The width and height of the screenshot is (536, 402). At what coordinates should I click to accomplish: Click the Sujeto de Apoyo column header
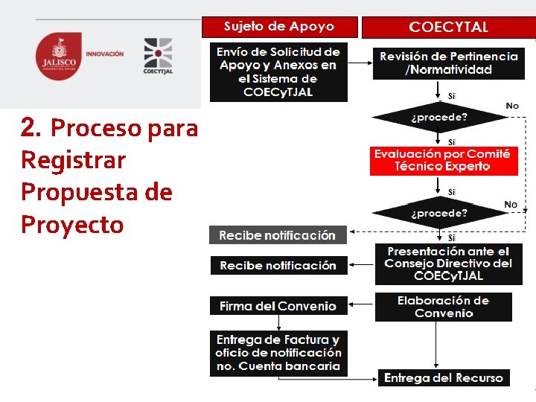(279, 27)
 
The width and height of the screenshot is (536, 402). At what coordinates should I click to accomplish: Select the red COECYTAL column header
(448, 28)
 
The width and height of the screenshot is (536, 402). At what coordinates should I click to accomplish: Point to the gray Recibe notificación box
(278, 235)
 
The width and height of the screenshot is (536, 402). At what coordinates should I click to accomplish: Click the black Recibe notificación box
(278, 265)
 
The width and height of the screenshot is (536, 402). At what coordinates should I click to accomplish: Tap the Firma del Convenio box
(278, 306)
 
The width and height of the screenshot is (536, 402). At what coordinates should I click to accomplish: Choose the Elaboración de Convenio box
(443, 307)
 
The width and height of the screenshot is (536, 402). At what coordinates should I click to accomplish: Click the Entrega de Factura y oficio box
(278, 354)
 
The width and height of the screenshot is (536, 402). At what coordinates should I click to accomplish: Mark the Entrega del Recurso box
(444, 378)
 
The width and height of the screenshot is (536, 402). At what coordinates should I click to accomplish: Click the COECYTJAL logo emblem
(157, 53)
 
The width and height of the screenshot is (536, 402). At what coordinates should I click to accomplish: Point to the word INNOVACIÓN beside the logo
(105, 54)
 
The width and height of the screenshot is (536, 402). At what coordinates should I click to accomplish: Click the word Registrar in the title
(74, 160)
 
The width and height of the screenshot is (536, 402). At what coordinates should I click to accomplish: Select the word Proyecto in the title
(72, 224)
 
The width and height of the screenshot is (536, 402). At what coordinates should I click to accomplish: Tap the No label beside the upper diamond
(512, 106)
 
